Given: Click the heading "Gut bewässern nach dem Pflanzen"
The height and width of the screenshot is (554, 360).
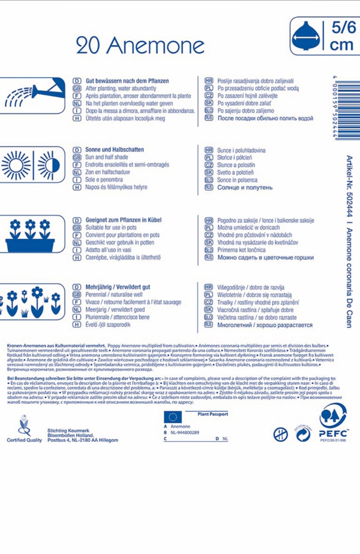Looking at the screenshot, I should click(x=127, y=80).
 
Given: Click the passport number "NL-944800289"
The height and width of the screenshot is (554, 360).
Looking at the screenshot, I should click(x=185, y=432).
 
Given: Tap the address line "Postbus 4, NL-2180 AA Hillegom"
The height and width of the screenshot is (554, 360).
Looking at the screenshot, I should click(x=83, y=440).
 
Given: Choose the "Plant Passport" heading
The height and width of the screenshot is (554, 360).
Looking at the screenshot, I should click(x=212, y=415).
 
